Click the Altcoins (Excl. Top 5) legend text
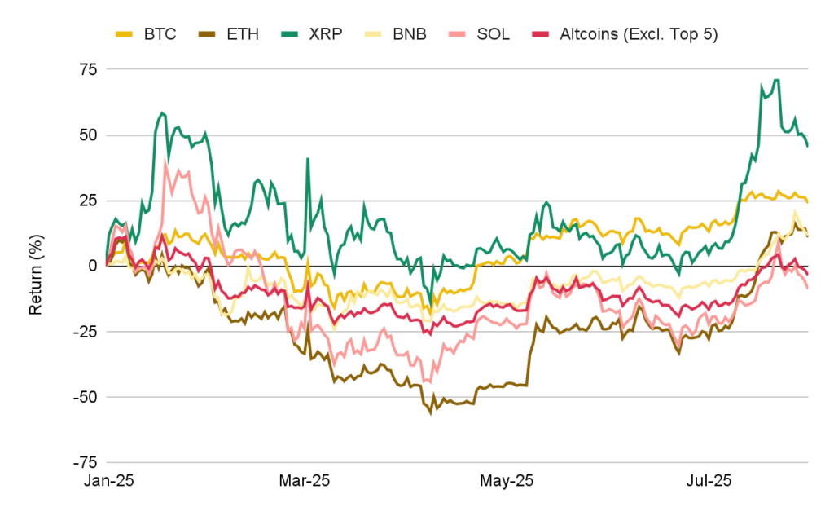[639, 34]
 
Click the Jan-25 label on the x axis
[108, 482]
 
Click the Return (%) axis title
[37, 266]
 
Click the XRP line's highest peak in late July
[776, 80]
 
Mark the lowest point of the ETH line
[431, 413]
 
